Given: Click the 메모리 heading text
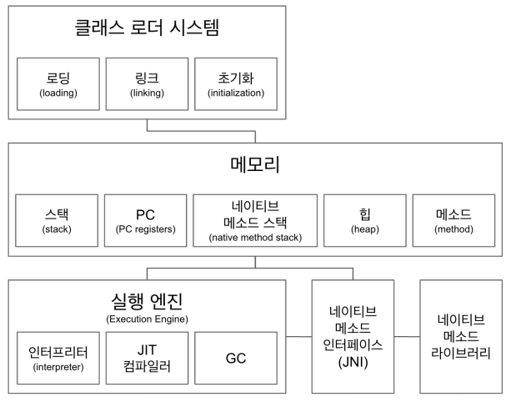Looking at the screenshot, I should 254,164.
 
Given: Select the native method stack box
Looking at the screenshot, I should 255,220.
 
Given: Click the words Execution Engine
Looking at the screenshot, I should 147,318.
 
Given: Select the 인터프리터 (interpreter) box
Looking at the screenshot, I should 57,354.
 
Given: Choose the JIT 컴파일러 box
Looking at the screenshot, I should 147,354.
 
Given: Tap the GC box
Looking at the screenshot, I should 237,354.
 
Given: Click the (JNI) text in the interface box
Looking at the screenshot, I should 353,364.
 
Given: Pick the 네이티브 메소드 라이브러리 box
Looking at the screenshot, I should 461,337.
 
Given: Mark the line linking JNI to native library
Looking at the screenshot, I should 406,337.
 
